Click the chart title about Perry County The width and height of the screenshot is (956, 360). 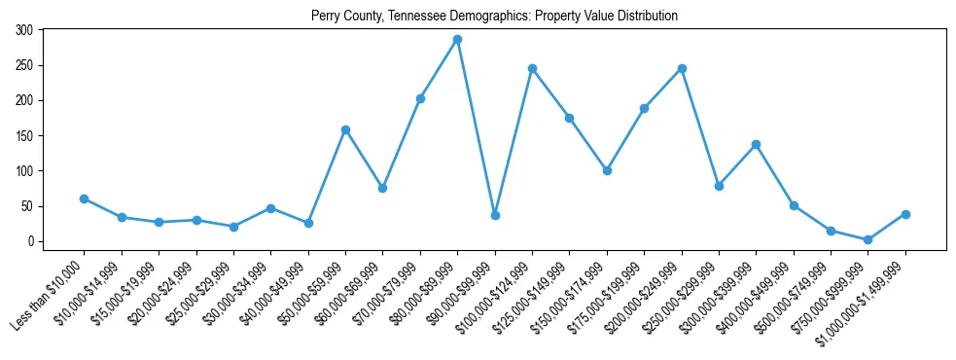[494, 16]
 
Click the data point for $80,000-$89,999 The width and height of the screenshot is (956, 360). [457, 39]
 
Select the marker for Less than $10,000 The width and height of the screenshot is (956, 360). [84, 198]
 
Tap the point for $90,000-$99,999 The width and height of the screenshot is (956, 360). [495, 215]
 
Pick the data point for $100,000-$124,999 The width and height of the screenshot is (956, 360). [532, 68]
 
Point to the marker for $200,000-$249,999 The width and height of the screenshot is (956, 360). [682, 68]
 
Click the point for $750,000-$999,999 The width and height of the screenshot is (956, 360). [867, 239]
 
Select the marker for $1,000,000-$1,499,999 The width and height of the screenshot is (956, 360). [905, 214]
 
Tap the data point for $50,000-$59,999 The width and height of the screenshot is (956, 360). [345, 129]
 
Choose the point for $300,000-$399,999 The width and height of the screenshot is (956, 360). [756, 144]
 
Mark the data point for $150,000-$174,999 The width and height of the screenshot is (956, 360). [607, 170]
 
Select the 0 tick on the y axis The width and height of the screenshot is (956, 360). [32, 241]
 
